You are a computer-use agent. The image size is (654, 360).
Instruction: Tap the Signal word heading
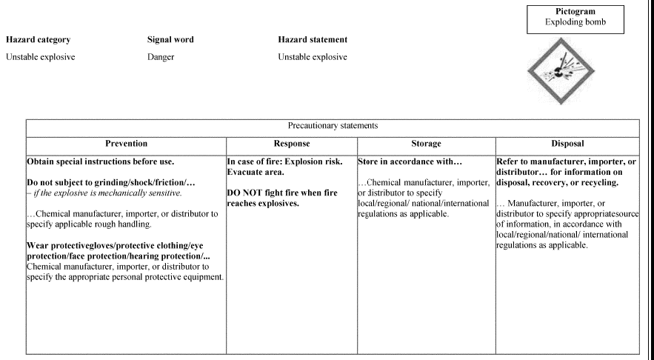coord(170,39)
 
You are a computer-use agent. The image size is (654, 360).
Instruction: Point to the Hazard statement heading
coord(313,39)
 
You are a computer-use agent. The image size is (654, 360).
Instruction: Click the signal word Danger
coord(161,57)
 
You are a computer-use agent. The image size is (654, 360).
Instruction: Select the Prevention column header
coord(126,144)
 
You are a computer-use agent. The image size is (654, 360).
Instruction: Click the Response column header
coord(291,144)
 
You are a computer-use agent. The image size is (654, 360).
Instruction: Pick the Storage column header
coord(426,144)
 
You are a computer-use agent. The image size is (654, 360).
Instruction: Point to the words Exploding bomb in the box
coord(574,23)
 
